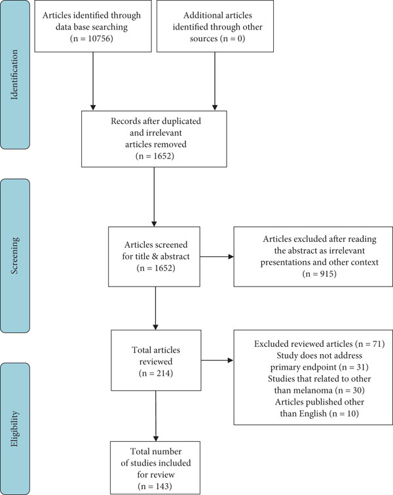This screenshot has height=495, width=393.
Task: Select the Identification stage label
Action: point(14,75)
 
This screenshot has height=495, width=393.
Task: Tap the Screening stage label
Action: point(14,256)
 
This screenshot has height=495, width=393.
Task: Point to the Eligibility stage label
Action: point(14,429)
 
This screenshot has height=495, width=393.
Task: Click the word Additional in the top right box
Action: point(200,15)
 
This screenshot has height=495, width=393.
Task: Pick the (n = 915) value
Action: point(320,273)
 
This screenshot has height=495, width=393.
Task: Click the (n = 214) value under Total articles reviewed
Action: point(156,373)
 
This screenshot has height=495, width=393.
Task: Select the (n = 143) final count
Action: point(155,486)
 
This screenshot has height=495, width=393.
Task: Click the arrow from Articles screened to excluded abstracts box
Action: point(217,256)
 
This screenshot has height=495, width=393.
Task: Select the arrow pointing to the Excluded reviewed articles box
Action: point(217,360)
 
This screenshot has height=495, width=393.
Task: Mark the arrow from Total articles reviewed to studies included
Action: point(155,416)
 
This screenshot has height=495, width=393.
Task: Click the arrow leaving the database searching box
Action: point(93,81)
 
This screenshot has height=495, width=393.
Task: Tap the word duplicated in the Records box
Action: point(183,121)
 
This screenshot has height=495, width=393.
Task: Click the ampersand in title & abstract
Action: point(155,256)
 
